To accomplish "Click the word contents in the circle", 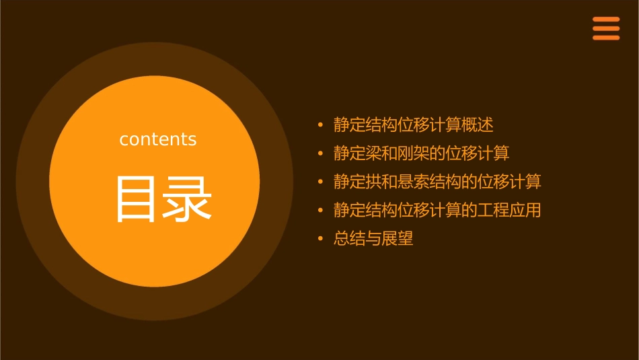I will (x=158, y=139).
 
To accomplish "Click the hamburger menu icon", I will (x=605, y=28).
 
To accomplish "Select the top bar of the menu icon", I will (x=605, y=20).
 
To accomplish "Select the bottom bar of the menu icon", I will (x=605, y=38).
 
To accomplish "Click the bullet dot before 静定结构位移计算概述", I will (x=320, y=124).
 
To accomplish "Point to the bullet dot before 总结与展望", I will (x=320, y=238).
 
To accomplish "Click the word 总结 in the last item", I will (x=348, y=238).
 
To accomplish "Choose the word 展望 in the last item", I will (x=398, y=238).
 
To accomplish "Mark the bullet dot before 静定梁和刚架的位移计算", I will (x=320, y=153).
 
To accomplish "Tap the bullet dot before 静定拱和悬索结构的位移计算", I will (x=320, y=182).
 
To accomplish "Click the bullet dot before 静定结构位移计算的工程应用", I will (x=320, y=210).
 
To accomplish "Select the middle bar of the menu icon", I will (x=605, y=28).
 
